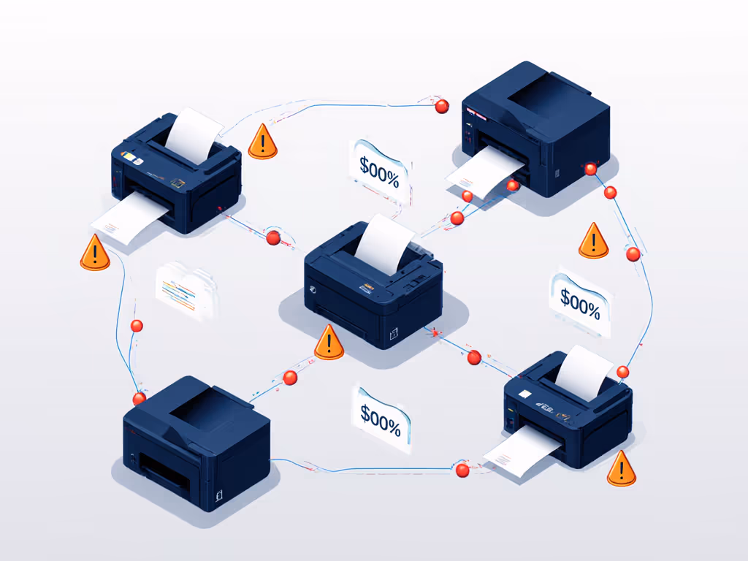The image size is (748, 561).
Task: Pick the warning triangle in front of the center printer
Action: tap(329, 343)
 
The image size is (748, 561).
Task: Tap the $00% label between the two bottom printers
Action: tap(381, 416)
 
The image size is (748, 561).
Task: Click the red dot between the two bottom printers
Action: tap(462, 470)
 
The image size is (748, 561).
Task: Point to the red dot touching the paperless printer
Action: tap(139, 398)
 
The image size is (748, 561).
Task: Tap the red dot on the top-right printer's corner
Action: tap(590, 169)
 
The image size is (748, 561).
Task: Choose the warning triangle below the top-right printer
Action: tap(593, 242)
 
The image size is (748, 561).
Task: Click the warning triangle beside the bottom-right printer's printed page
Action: tap(621, 470)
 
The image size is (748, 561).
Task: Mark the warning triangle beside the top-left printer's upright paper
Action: tap(262, 142)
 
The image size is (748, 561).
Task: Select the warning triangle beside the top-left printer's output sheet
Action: tap(95, 253)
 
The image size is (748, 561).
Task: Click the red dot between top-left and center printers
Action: tap(273, 238)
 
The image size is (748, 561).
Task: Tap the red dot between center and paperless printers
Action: tap(290, 378)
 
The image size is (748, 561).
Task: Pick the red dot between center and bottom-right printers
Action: tap(474, 357)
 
